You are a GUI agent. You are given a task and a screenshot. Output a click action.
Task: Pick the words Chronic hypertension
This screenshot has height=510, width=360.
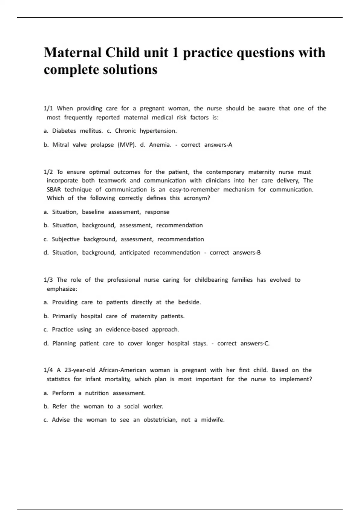point(146,131)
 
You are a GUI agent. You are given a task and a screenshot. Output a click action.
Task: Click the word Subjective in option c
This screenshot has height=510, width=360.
point(66,239)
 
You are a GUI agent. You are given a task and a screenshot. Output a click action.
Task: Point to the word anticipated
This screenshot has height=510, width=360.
point(134,253)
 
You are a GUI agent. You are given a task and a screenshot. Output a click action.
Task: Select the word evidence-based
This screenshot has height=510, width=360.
point(127,329)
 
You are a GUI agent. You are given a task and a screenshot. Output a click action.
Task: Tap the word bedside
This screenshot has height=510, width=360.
point(189,302)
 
